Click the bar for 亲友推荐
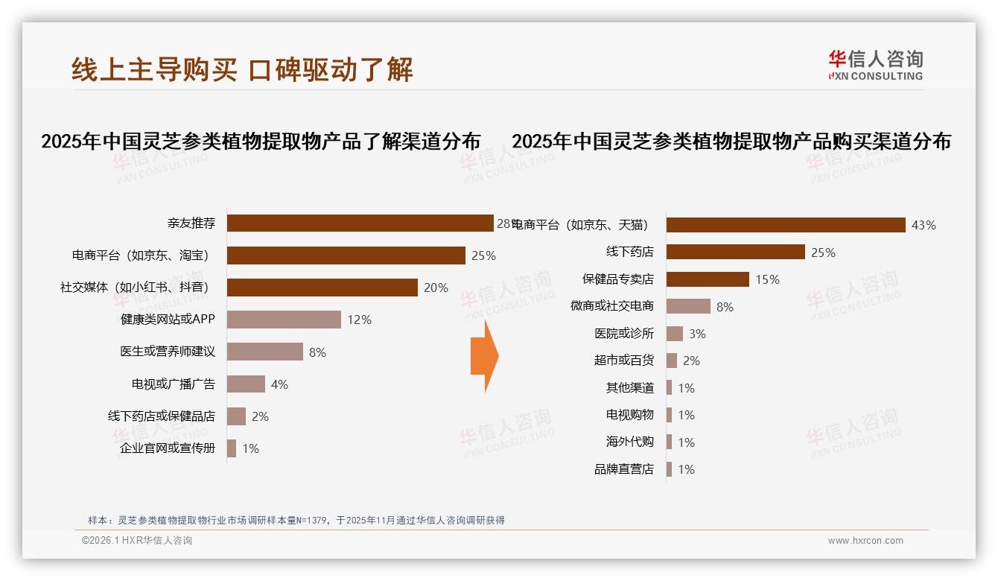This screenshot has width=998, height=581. tap(360, 223)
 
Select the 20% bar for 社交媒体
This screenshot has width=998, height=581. tap(322, 288)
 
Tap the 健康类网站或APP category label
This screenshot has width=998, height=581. tap(168, 320)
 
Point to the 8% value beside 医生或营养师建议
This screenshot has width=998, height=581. tap(317, 352)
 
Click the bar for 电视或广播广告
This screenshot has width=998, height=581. tap(246, 384)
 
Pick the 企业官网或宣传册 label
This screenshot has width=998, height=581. tap(168, 448)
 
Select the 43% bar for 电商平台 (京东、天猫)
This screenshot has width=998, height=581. tap(785, 225)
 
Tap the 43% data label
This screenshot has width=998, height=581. tap(924, 225)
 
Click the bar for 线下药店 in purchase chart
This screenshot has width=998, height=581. tap(735, 252)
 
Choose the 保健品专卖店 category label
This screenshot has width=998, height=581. tap(617, 279)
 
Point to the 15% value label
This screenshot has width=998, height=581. tap(767, 279)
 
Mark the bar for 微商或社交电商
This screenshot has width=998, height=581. tap(688, 306)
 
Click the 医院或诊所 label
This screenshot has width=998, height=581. tap(624, 334)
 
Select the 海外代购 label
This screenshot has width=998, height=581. tap(629, 442)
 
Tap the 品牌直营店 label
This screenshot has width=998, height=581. tap(624, 469)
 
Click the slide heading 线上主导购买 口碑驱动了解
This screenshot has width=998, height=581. tap(242, 69)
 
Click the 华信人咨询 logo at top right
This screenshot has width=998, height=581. tap(875, 65)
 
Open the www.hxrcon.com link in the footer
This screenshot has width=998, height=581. tap(865, 541)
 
